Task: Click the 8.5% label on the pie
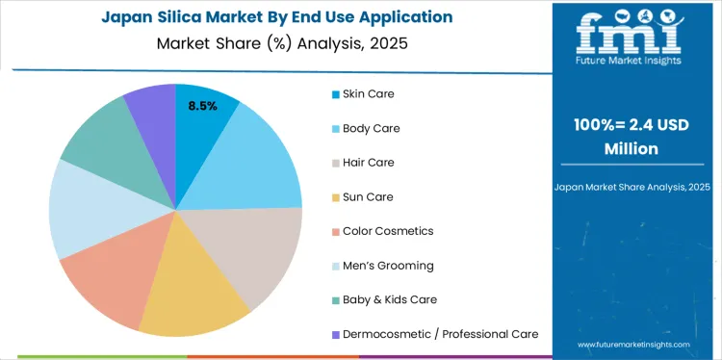(x=202, y=106)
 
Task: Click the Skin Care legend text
(x=368, y=94)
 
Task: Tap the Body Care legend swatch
(x=335, y=129)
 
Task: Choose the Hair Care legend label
(x=369, y=163)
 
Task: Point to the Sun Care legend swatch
(x=335, y=197)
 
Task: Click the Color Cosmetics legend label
(x=388, y=231)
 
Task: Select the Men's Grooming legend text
(x=388, y=266)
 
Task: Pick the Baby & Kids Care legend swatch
(x=335, y=300)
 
